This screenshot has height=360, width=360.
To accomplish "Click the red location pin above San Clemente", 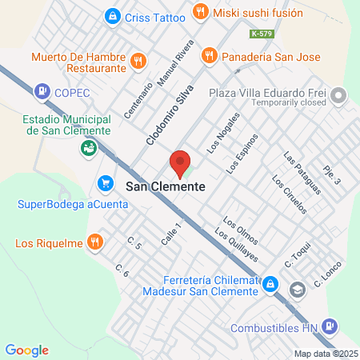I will pyautogui.click(x=181, y=162).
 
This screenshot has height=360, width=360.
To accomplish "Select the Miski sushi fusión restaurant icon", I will pyautogui.click(x=200, y=13).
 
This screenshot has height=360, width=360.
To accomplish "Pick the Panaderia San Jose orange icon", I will pyautogui.click(x=209, y=56).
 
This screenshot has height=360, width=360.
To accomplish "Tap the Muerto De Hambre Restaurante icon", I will pyautogui.click(x=138, y=59).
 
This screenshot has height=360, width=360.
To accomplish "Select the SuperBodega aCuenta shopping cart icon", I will pyautogui.click(x=106, y=184).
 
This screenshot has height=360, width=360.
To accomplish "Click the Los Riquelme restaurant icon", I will pyautogui.click(x=95, y=241).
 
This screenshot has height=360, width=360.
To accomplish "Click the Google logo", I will pyautogui.click(x=26, y=350).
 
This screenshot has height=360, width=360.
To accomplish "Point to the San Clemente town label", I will pyautogui.click(x=165, y=186).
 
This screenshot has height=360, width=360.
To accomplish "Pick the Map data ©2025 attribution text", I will pyautogui.click(x=326, y=354).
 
